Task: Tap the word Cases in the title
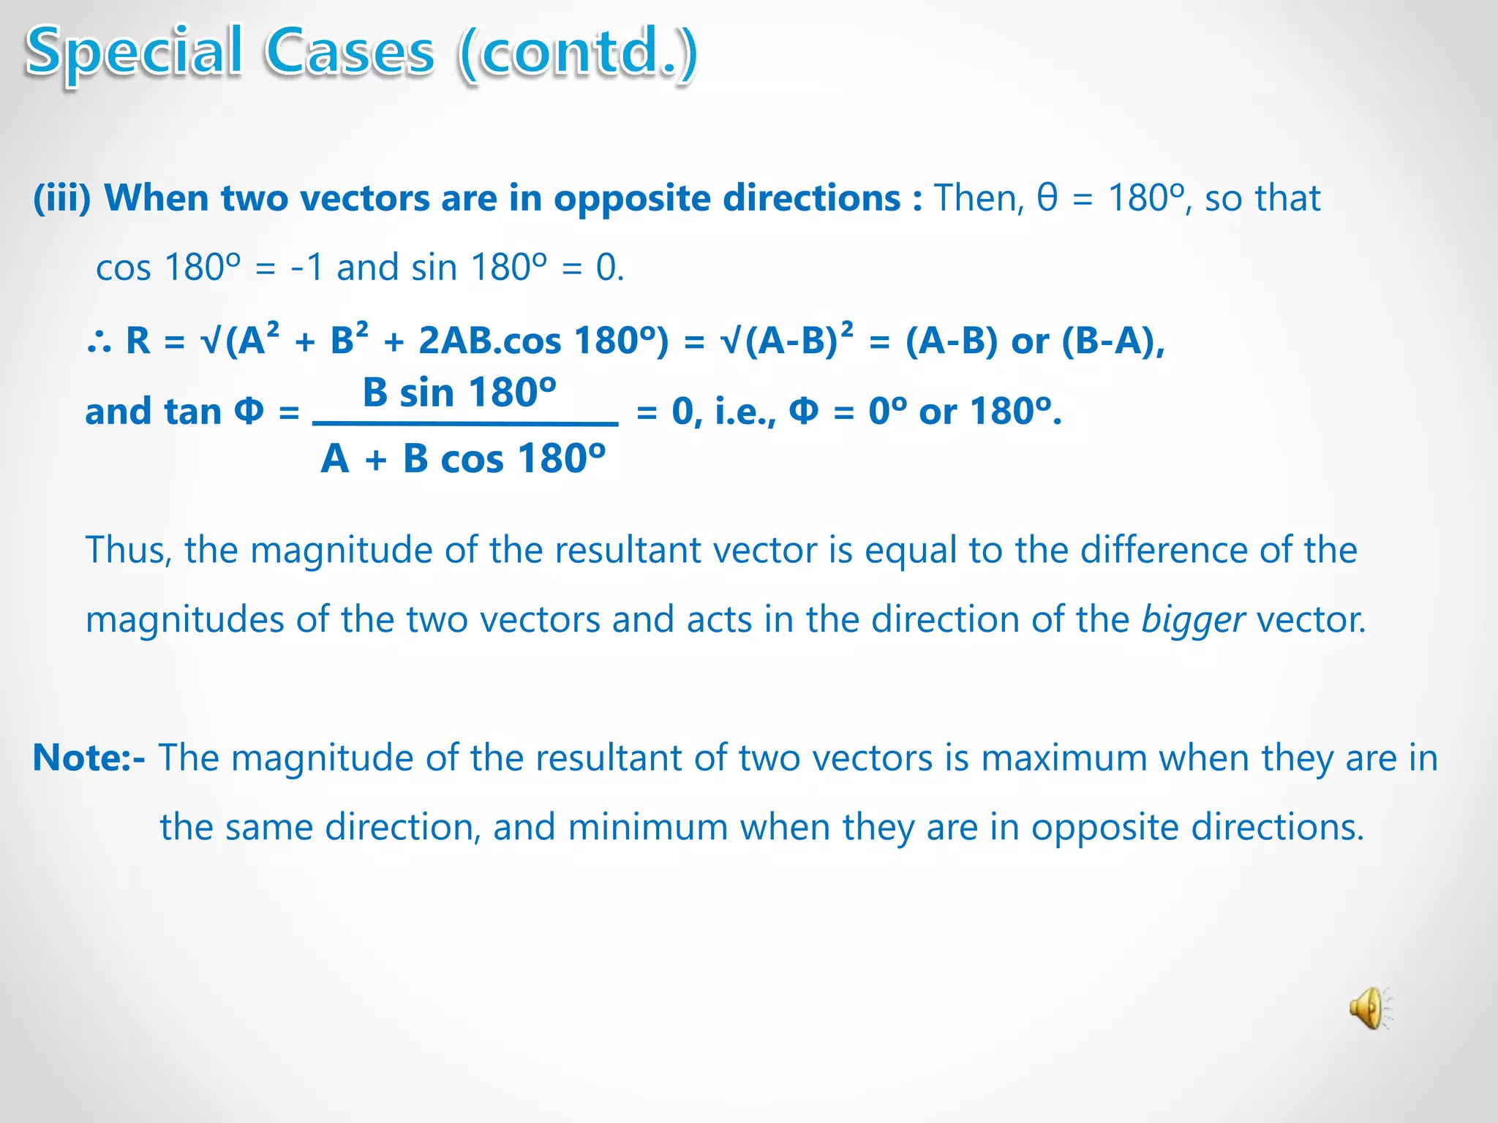[x=350, y=53]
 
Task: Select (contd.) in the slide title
[x=578, y=53]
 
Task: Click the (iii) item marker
[x=61, y=198]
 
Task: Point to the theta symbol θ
[x=1047, y=197]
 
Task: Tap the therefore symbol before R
[x=99, y=341]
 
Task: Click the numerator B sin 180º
[x=459, y=393]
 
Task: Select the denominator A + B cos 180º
[x=463, y=459]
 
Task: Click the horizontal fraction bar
[x=465, y=423]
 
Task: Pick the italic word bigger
[x=1192, y=620]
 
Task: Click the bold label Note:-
[x=89, y=757]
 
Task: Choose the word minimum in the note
[x=647, y=828]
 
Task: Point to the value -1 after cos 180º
[x=307, y=268]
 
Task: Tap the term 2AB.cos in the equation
[x=489, y=341]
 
